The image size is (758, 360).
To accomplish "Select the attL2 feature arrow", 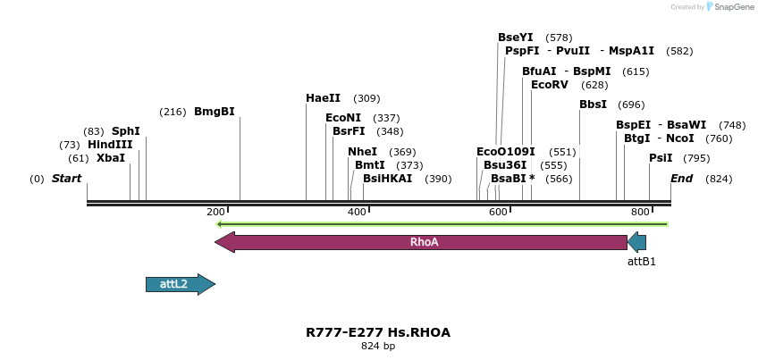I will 180,284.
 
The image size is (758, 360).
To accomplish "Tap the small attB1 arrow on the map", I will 636,242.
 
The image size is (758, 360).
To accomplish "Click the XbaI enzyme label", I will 111,158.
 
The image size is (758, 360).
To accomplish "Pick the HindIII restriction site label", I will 110,145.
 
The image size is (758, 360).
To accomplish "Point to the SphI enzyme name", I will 126,131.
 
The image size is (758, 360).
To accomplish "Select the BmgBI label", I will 215,112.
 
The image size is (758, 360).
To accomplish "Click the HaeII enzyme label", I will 323,98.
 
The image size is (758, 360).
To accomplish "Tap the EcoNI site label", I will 343,118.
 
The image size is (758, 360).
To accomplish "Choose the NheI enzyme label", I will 362,152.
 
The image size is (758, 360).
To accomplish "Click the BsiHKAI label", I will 387,179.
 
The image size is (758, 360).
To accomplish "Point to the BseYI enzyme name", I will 515,38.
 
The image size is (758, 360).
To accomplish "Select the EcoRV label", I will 549,85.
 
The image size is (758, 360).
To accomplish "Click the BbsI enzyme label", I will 593,105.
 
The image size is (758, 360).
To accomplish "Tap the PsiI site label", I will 661,158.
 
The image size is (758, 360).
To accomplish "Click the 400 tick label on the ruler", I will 357,212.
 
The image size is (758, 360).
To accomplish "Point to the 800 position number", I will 640,212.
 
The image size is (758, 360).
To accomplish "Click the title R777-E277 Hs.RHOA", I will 378,332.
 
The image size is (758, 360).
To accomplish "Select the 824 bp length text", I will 378,346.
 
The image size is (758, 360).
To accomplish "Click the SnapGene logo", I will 729,7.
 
